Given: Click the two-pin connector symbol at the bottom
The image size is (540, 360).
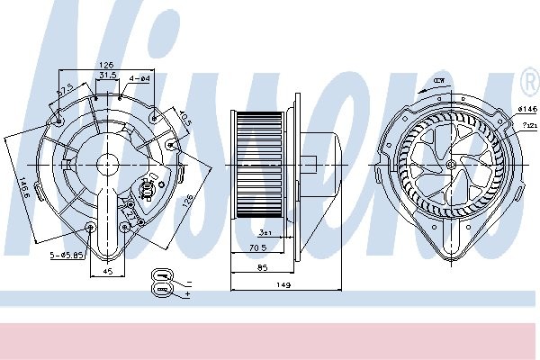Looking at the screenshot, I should pos(162,281).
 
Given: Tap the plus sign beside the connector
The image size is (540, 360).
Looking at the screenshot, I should pos(187,293).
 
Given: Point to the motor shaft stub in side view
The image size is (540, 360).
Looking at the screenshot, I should pos(309,166).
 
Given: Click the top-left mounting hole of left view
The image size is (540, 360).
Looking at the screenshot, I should pos(59,116).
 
